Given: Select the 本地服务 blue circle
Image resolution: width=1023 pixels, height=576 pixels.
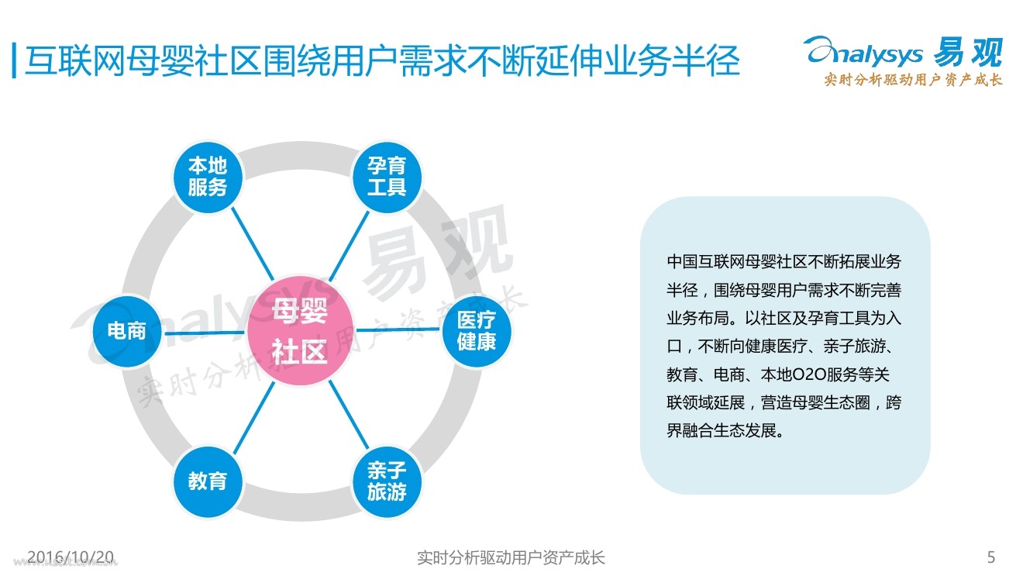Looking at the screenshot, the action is [207, 177].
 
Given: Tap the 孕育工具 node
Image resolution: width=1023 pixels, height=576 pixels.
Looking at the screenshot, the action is [387, 177].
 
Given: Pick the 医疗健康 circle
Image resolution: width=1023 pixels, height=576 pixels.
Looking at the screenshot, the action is [476, 331].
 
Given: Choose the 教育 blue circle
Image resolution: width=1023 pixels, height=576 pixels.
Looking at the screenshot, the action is [207, 481].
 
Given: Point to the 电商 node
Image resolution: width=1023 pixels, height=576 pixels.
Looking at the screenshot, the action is [126, 331].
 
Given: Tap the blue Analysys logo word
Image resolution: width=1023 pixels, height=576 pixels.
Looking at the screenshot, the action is [864, 53].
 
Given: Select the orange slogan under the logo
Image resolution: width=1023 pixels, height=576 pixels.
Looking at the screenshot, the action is [913, 80].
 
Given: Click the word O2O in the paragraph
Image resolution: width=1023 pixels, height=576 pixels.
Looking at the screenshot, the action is [805, 374].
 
